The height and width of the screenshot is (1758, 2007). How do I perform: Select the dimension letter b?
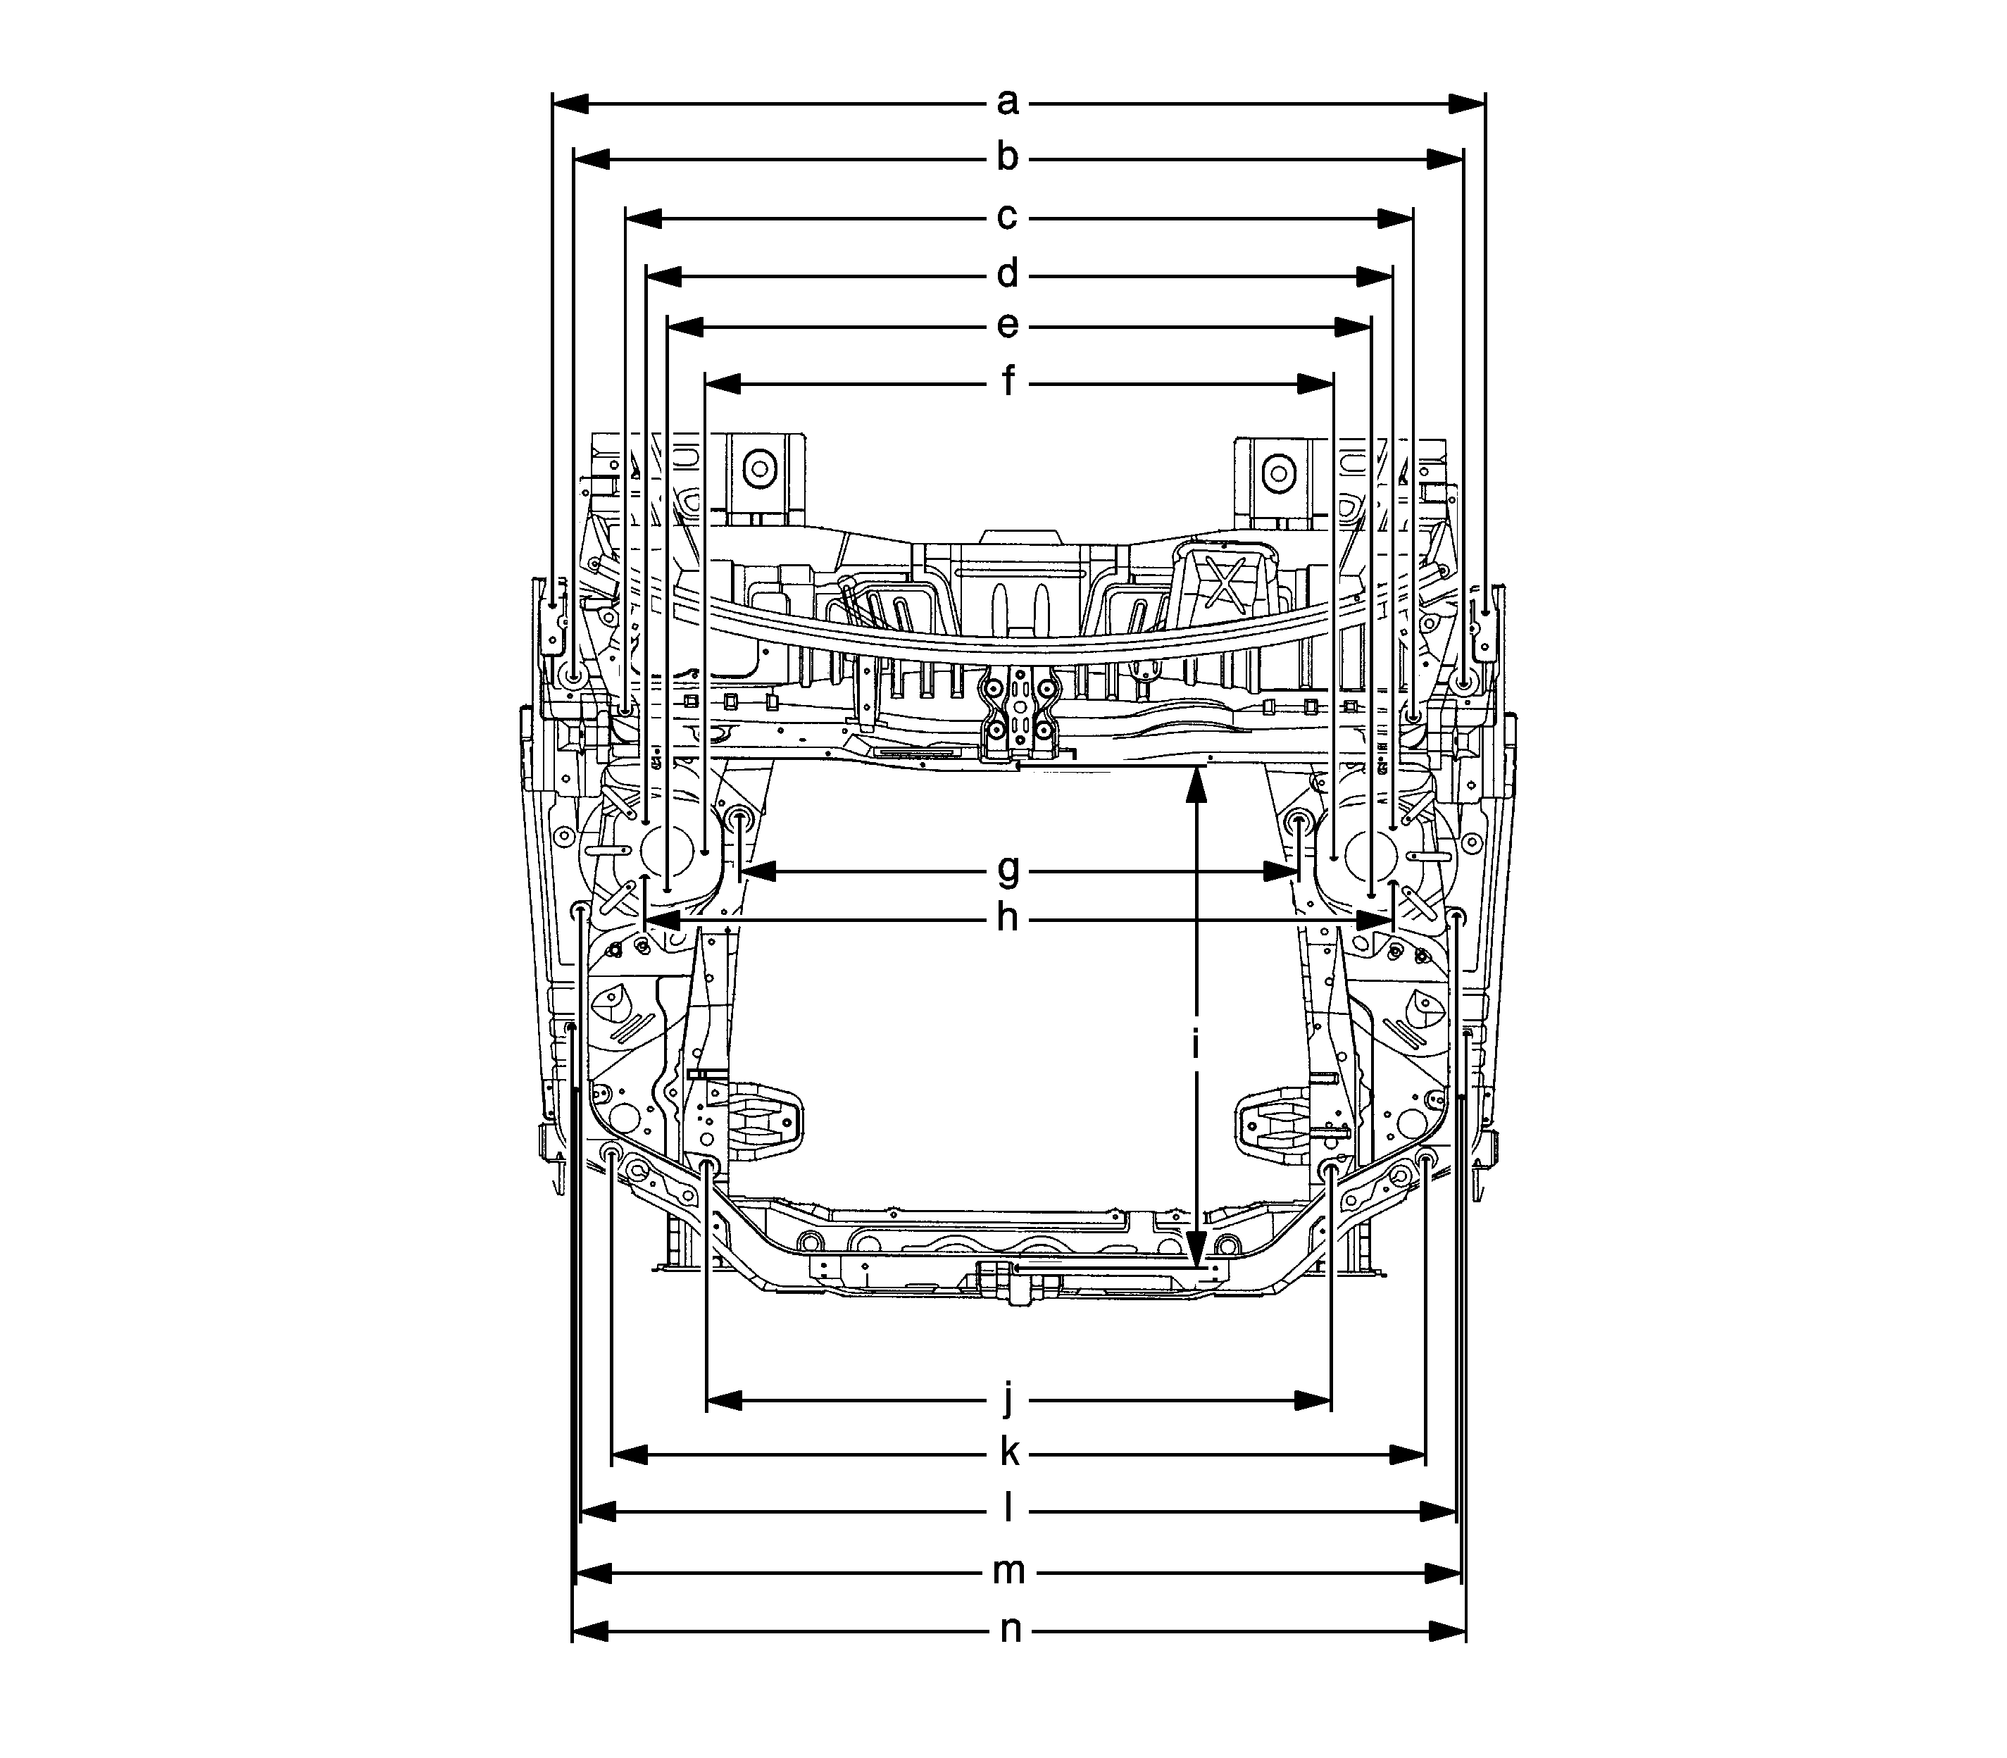[x=1008, y=158]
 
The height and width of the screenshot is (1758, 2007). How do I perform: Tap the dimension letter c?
[x=1008, y=218]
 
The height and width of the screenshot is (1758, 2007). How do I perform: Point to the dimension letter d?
[x=1008, y=275]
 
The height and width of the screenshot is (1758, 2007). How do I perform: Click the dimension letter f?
[x=1008, y=382]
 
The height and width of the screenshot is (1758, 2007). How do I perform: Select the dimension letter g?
[x=1008, y=870]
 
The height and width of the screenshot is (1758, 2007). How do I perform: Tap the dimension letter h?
[x=1008, y=920]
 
